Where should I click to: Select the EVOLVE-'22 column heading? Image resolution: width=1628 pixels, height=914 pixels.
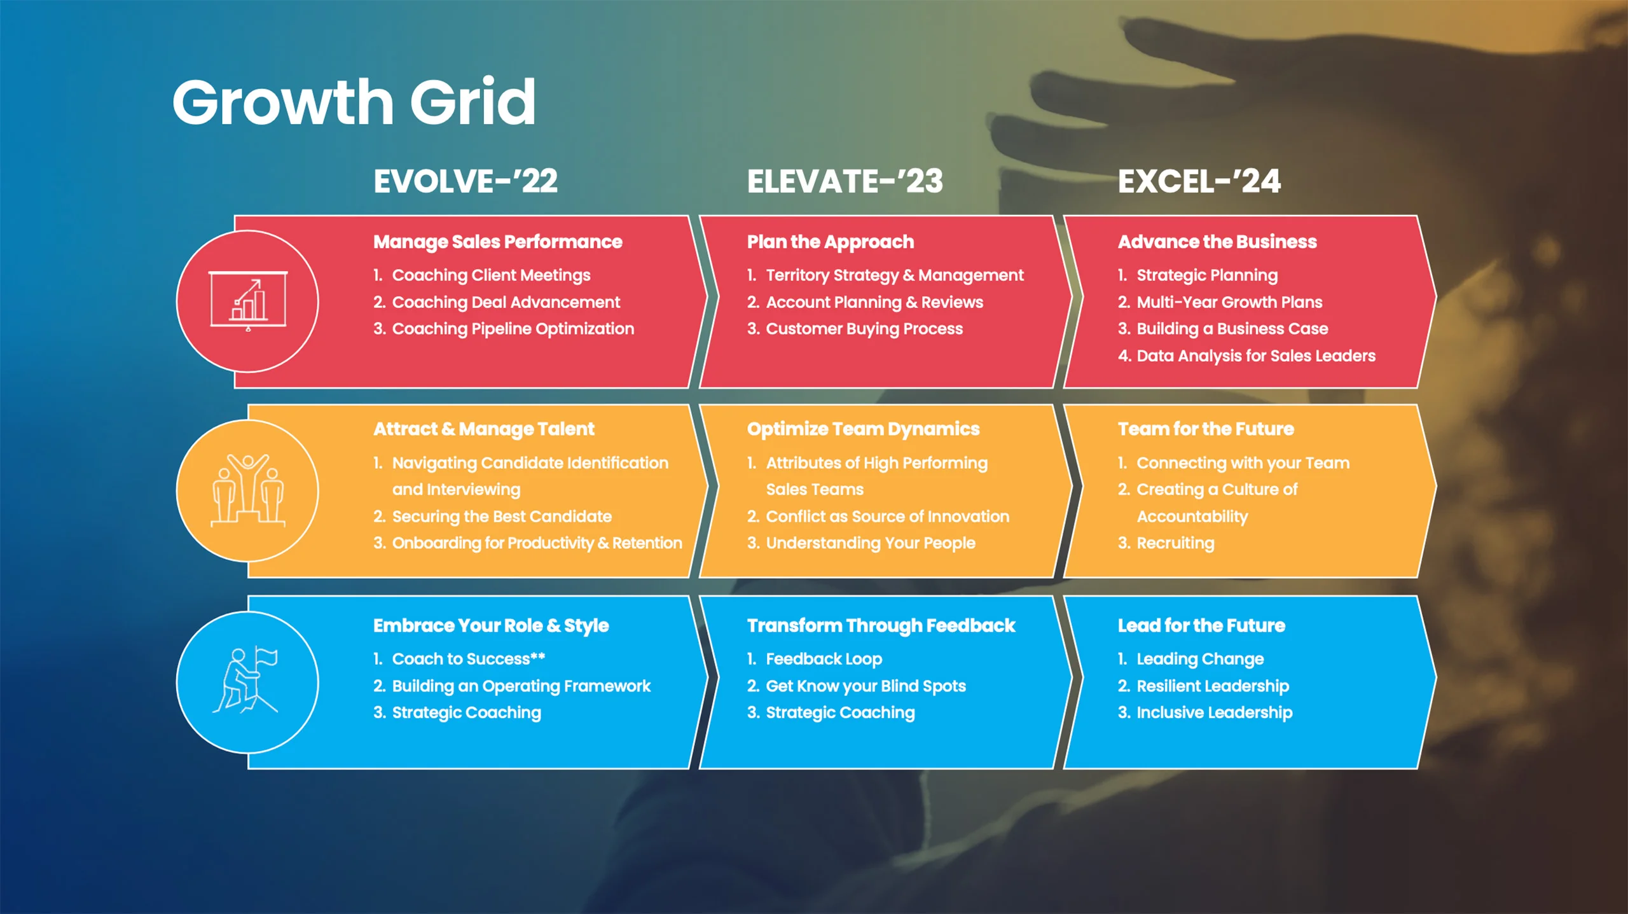[x=466, y=181]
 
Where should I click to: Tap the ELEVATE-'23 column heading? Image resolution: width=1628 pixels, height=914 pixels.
[x=845, y=181]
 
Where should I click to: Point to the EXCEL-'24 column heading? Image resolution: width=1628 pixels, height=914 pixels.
[x=1199, y=181]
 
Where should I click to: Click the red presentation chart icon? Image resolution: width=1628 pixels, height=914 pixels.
[x=248, y=301]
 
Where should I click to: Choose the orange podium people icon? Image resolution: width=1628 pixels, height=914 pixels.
[x=248, y=490]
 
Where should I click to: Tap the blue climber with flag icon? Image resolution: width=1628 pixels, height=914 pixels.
[x=245, y=680]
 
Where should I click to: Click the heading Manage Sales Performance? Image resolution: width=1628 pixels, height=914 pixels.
[x=497, y=242]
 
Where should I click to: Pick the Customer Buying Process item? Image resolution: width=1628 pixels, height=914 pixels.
[x=855, y=329]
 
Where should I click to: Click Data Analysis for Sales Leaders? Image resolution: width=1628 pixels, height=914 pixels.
[x=1246, y=356]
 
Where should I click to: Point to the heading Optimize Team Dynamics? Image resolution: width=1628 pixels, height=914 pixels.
[x=863, y=429]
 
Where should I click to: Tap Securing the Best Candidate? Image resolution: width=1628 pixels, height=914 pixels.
[x=492, y=516]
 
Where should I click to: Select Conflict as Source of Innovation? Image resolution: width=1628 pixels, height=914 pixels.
[x=878, y=516]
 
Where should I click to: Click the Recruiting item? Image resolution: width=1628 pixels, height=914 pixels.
[x=1166, y=543]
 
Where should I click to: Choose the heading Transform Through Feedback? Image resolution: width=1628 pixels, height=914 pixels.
[x=881, y=626]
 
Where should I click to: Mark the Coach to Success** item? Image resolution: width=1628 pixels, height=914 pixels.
[x=459, y=659]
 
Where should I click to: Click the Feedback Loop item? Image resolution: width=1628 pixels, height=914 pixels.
[x=815, y=659]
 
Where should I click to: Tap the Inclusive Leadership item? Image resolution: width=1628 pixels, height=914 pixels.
[x=1205, y=712]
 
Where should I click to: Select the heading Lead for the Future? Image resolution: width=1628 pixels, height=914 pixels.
[x=1201, y=626]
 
